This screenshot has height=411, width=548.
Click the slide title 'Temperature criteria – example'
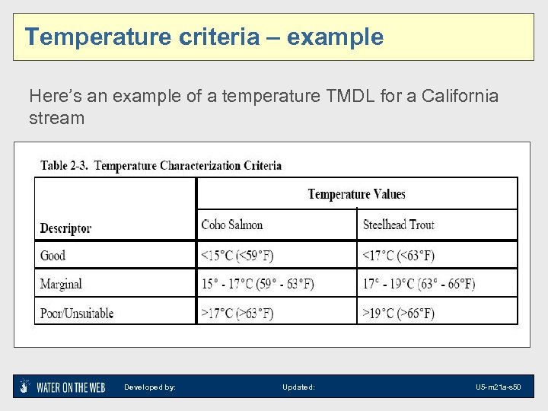click(x=204, y=37)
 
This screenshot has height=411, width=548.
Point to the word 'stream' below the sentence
click(x=56, y=118)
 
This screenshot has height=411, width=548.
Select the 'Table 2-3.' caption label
click(x=65, y=165)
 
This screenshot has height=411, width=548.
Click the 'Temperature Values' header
click(x=356, y=194)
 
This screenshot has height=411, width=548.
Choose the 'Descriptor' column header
click(x=65, y=228)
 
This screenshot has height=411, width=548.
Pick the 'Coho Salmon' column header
click(x=232, y=225)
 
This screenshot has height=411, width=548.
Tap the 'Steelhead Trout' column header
click(x=398, y=225)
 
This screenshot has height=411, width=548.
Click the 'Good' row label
click(x=53, y=255)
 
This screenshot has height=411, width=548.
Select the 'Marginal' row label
click(x=61, y=284)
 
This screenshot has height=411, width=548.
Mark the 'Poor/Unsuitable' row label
click(x=76, y=313)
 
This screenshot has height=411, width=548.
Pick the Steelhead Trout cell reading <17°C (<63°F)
click(x=398, y=255)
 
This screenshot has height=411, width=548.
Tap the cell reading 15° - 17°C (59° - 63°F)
click(x=257, y=284)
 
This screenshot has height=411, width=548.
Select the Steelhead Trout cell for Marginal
click(x=419, y=284)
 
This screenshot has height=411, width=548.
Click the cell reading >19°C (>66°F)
click(x=398, y=313)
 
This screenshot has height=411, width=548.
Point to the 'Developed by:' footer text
click(x=150, y=387)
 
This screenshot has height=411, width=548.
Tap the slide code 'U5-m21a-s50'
click(x=498, y=387)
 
